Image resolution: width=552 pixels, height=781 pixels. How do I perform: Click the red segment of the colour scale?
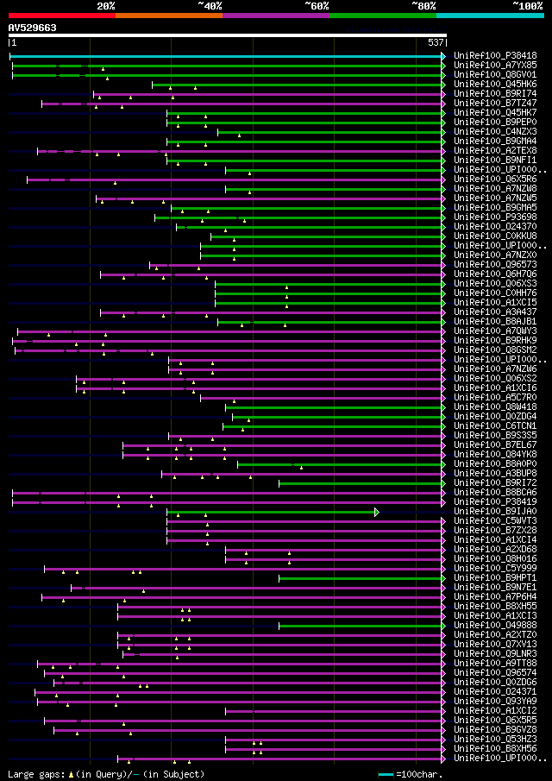(x=61, y=16)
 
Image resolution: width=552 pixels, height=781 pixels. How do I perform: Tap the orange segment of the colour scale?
(x=168, y=16)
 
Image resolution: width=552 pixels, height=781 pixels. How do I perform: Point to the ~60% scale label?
(x=317, y=6)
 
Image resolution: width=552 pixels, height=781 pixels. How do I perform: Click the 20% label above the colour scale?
(x=106, y=6)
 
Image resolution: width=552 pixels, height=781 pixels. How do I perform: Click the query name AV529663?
(x=33, y=28)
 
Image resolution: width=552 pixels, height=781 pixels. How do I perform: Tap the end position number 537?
(x=436, y=42)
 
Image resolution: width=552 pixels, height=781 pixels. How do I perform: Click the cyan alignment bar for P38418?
(x=224, y=56)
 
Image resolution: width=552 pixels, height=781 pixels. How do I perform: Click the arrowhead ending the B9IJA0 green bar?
(x=377, y=512)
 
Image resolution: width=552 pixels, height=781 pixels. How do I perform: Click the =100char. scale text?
(x=418, y=774)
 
